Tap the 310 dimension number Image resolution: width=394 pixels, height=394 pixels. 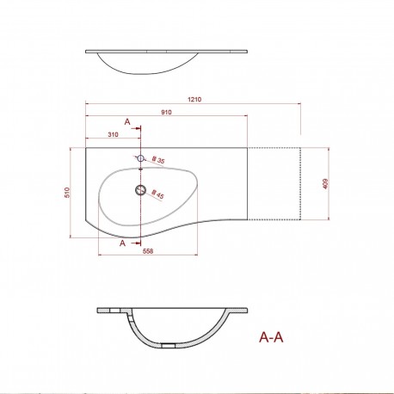pos(113,136)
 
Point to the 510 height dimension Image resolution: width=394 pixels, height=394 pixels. pos(67,194)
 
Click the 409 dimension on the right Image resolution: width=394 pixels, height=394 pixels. pos(324,182)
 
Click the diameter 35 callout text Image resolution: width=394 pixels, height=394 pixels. pos(158,160)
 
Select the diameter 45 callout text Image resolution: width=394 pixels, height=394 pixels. pos(158,195)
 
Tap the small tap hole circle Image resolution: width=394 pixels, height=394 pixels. pos(140,158)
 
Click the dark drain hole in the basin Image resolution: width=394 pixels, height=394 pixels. pos(139,189)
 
